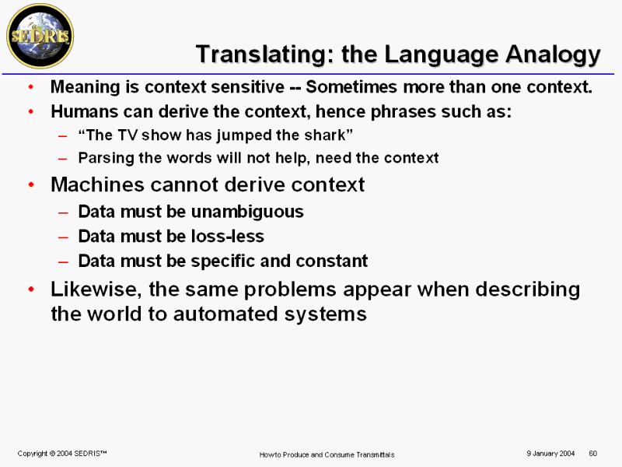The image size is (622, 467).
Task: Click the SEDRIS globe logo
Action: click(40, 36)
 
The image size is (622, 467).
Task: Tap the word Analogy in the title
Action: click(554, 54)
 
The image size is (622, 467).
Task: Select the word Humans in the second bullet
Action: click(85, 111)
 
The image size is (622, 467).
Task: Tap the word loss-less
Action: click(227, 237)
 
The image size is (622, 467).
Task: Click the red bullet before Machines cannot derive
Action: click(31, 185)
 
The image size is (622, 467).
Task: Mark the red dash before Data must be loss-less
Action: click(63, 237)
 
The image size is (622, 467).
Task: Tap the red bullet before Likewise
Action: click(31, 290)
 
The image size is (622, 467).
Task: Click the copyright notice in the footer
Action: click(62, 453)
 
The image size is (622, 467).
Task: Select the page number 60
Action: click(593, 453)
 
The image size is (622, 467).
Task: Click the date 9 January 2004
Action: click(550, 453)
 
